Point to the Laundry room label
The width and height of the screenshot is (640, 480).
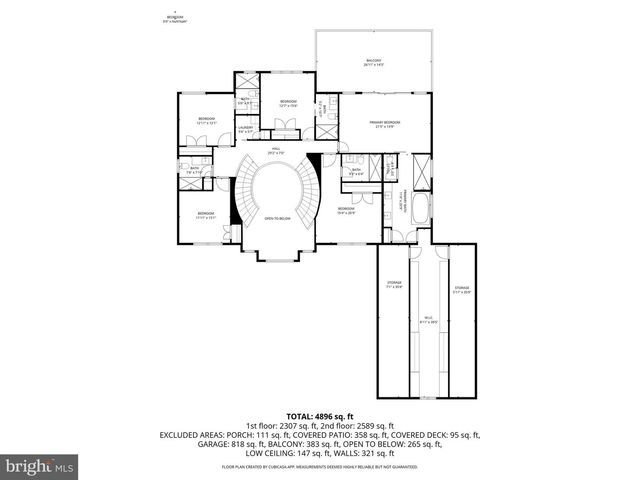click(245, 129)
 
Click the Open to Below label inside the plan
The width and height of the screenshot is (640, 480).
click(276, 218)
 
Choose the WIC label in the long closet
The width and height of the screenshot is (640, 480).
click(427, 322)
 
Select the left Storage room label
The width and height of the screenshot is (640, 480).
click(395, 287)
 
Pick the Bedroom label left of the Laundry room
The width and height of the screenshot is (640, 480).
click(207, 121)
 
